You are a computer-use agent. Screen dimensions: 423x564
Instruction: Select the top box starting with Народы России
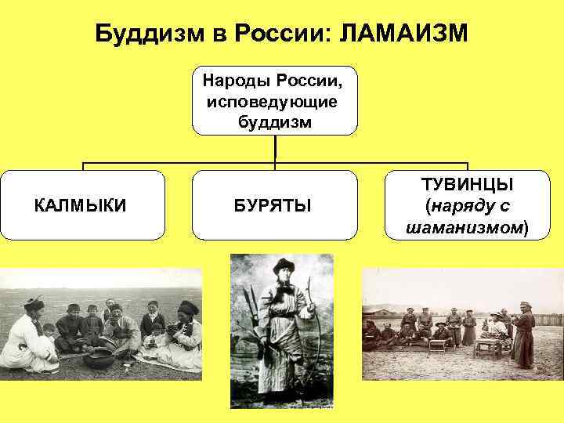coord(275,101)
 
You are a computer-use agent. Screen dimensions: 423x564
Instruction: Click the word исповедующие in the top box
coord(274,101)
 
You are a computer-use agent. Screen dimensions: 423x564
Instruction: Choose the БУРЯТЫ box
coord(273,205)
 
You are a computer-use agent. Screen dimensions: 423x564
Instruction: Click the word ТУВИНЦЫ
coord(467,185)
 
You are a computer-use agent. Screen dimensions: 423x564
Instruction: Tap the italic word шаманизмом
coord(465,227)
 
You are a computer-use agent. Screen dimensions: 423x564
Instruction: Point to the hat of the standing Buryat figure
coord(282,265)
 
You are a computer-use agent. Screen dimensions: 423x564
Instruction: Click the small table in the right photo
coord(488,346)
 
